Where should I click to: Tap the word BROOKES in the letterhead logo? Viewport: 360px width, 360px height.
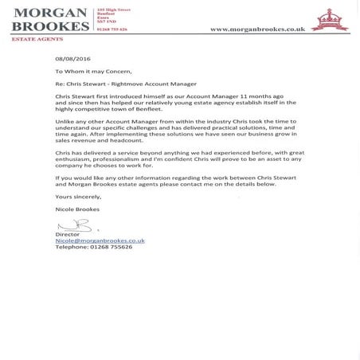tap(49, 26)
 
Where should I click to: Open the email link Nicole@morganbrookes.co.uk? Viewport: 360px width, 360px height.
tap(100, 241)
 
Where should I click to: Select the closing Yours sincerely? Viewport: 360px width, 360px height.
tap(76, 195)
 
